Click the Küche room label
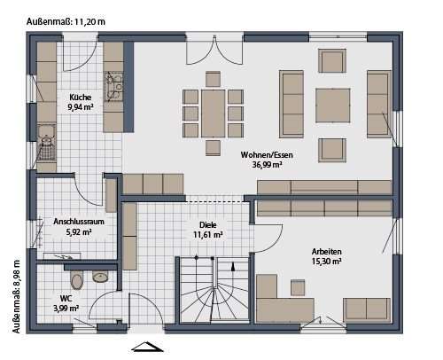tap(82, 97)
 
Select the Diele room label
tap(208, 224)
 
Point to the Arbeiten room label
tap(326, 252)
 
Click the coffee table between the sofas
tap(334, 105)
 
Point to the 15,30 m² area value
tap(326, 262)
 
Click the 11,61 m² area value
tap(208, 235)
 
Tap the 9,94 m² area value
tap(82, 107)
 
